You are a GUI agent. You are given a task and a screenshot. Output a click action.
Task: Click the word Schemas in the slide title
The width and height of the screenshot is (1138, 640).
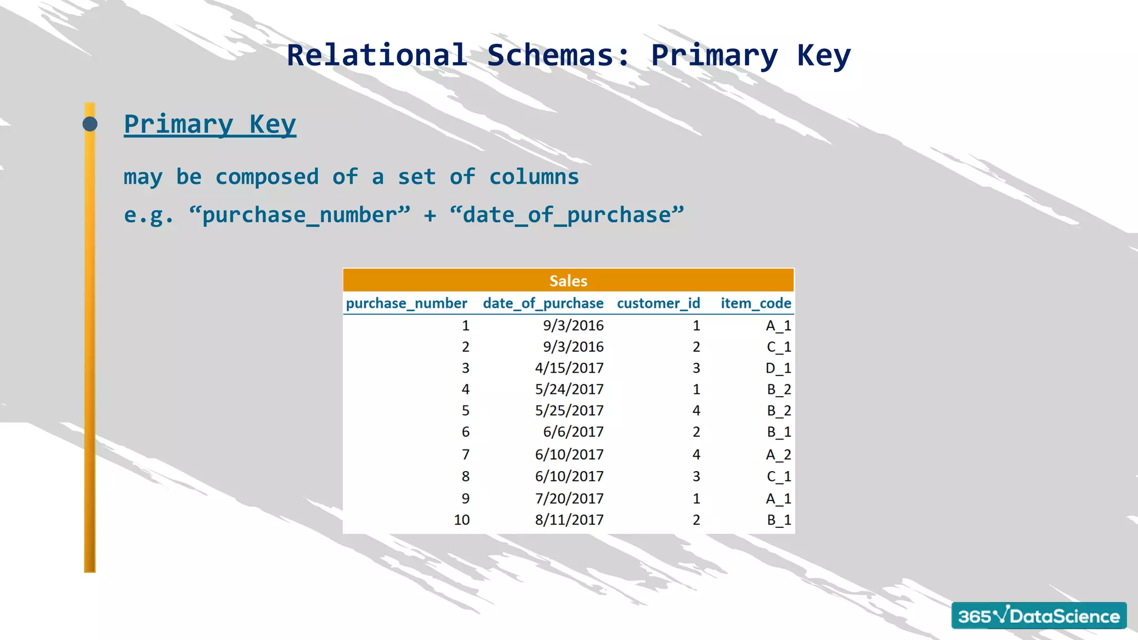point(558,56)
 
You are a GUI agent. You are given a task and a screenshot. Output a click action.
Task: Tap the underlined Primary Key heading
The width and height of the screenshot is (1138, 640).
point(209,124)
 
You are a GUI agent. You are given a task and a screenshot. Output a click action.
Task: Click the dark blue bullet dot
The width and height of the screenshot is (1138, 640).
point(90,124)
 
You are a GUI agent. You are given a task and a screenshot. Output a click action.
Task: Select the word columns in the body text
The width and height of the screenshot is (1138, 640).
point(533,177)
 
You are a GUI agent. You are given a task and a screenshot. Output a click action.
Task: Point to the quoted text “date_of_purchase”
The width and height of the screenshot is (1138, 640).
point(567,215)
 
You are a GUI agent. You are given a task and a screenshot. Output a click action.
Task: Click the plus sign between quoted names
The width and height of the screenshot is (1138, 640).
point(430,216)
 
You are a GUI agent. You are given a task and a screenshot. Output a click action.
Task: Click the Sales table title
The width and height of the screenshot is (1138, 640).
point(568,281)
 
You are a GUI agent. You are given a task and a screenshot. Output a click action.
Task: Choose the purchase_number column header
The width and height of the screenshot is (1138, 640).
point(406,303)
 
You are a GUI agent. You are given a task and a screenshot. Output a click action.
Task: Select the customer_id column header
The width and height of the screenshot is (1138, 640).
point(658,303)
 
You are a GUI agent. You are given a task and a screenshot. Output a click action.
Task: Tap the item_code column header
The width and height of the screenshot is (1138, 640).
point(756,303)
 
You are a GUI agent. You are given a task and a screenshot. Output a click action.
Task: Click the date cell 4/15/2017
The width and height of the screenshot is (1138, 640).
point(569,368)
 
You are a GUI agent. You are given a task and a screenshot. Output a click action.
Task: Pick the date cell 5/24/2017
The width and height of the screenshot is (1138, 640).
point(569,389)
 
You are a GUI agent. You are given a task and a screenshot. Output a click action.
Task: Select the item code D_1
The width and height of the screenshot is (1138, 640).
point(778,368)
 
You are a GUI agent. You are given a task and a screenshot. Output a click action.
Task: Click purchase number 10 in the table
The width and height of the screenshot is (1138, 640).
point(461,520)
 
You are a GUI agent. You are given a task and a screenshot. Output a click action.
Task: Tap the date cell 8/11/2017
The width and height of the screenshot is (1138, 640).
point(569,520)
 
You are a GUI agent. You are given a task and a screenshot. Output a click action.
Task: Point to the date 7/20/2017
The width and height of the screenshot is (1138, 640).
point(569,499)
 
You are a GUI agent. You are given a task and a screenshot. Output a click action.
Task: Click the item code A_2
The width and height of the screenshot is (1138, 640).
point(778,455)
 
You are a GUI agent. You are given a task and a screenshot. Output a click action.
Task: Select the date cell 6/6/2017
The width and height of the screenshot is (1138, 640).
point(573,432)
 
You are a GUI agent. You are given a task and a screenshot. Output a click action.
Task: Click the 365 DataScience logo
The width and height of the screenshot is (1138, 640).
point(1039,616)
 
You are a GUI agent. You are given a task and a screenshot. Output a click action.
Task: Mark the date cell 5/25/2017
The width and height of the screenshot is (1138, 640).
point(569,411)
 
